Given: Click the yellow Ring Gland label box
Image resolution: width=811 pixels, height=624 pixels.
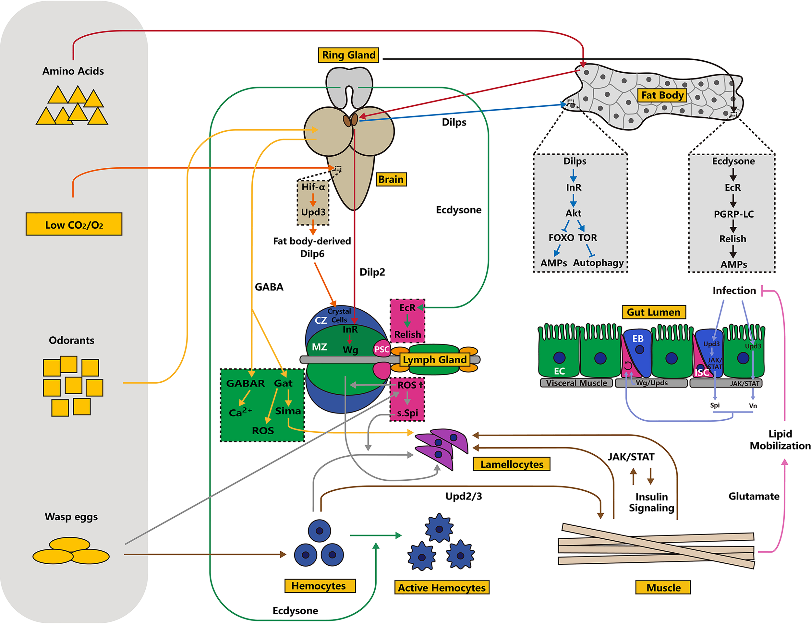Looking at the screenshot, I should (348, 55).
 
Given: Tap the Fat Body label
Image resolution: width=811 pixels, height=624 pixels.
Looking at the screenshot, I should (662, 95).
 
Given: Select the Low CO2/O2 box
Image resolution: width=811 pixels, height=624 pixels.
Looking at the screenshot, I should (74, 224).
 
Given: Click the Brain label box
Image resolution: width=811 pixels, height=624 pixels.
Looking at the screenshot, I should (391, 179).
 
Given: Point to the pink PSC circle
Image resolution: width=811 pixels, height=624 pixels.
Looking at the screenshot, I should (381, 349).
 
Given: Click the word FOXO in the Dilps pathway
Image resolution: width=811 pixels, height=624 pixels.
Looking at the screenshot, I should (561, 238).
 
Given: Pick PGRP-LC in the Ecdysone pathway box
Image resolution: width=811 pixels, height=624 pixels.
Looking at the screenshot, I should (733, 214).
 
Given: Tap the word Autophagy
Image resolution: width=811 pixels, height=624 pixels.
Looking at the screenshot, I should (598, 263).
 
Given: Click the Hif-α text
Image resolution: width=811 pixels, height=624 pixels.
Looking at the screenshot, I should (313, 187).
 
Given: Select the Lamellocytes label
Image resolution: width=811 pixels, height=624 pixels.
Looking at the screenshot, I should (511, 464).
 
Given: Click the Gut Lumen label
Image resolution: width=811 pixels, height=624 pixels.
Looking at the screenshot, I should (654, 312).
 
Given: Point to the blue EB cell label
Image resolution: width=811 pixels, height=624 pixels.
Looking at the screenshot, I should (638, 339).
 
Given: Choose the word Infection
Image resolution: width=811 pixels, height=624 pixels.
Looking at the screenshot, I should (734, 290).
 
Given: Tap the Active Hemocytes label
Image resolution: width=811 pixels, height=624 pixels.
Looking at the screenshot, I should (442, 588).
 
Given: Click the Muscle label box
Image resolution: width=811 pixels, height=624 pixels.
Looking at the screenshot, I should (663, 588).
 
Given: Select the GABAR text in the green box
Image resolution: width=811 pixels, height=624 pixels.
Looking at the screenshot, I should (246, 383).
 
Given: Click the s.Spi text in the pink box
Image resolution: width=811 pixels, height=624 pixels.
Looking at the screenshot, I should (407, 413).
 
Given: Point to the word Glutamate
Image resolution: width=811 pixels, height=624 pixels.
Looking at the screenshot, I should (754, 496).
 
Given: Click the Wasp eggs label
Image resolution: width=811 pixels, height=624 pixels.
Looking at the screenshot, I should (71, 517).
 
